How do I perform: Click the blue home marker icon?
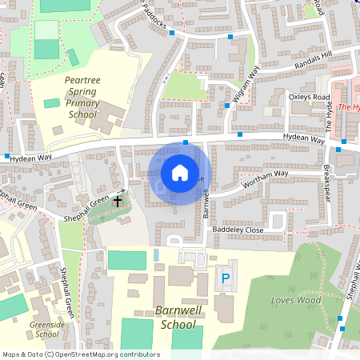[x=180, y=171]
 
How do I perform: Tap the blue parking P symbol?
[x=226, y=278]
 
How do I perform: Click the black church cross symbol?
[x=118, y=200]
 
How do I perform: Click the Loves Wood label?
[x=296, y=300]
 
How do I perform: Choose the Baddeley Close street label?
[x=238, y=230]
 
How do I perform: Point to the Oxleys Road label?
[x=309, y=97]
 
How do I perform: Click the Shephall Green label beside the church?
[x=89, y=207]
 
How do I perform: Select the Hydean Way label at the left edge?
[x=30, y=158]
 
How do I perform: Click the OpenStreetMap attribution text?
[x=80, y=354]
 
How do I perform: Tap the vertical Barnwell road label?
[x=206, y=203]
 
